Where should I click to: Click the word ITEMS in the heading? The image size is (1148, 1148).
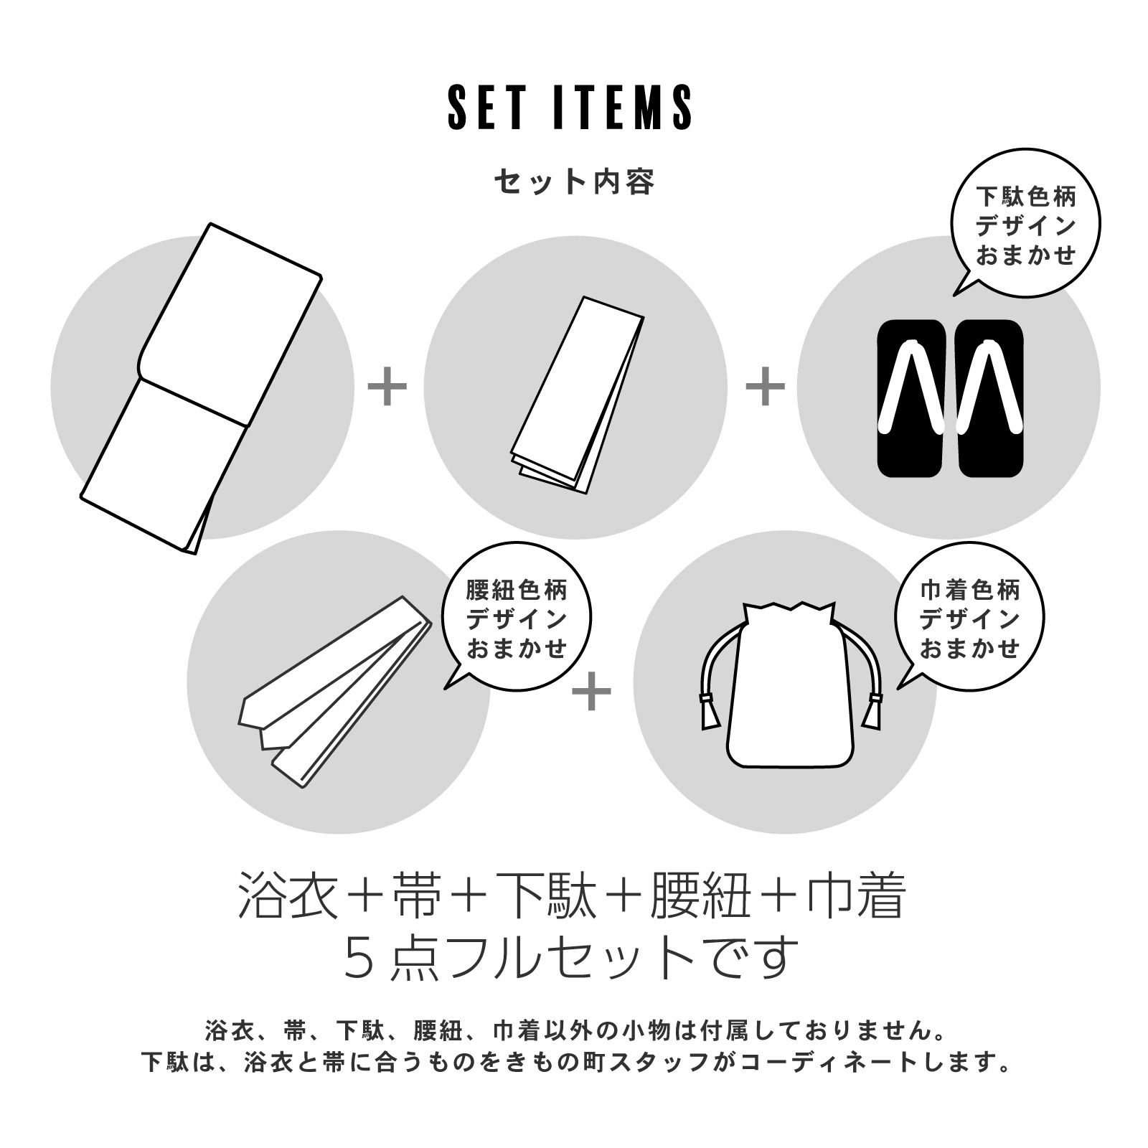pyautogui.click(x=624, y=108)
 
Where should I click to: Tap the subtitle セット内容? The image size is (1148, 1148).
pyautogui.click(x=574, y=182)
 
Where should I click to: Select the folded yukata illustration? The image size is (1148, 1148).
pyautogui.click(x=200, y=388)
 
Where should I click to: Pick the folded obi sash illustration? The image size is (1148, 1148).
pyautogui.click(x=577, y=394)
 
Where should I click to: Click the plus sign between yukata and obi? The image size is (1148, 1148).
pyautogui.click(x=387, y=387)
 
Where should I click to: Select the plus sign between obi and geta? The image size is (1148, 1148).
pyautogui.click(x=766, y=387)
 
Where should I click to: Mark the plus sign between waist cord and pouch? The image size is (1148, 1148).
pyautogui.click(x=592, y=691)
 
